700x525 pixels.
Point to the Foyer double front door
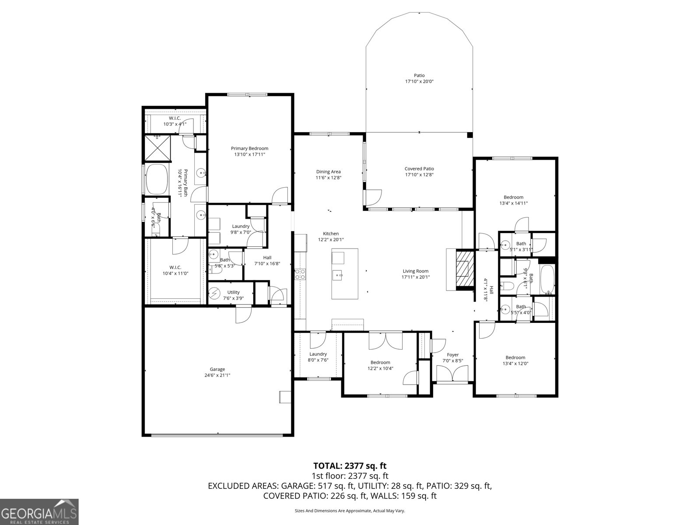pos(453,375)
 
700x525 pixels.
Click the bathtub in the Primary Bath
pos(157,179)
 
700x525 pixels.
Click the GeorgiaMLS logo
pos(39,511)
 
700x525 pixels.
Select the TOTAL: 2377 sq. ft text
pos(350,465)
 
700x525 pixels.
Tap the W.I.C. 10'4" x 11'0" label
pos(175,270)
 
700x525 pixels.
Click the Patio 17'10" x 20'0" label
pos(419,78)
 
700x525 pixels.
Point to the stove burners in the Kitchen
pos(301,274)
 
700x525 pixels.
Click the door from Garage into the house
pos(243,315)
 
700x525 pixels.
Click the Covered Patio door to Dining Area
pos(373,197)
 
